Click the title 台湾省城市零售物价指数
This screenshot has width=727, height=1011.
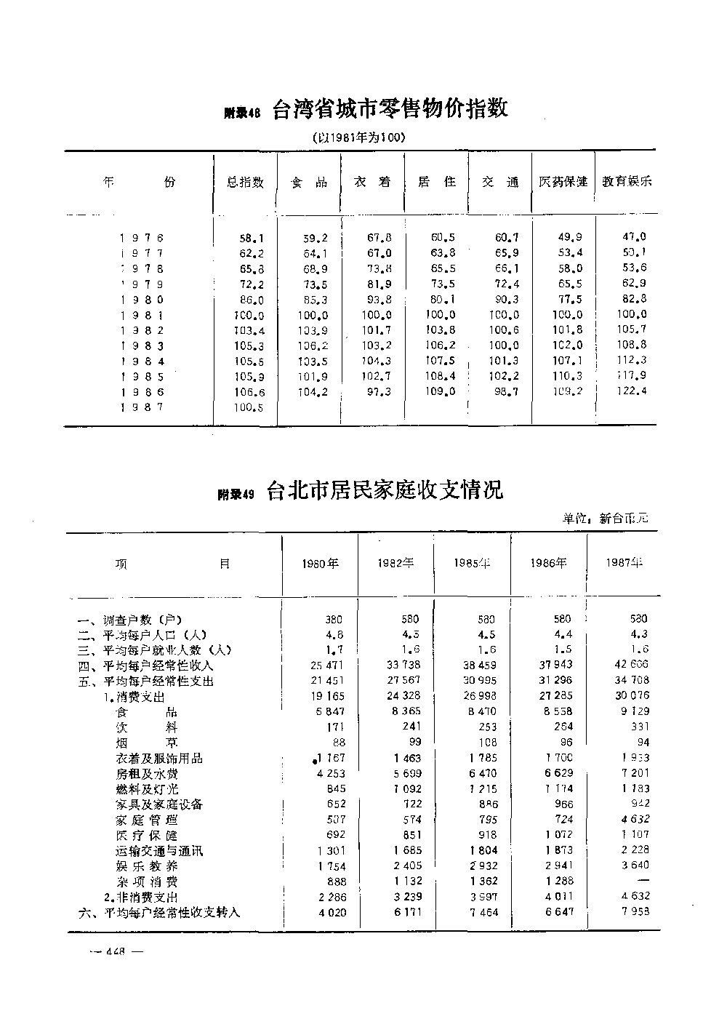pos(390,110)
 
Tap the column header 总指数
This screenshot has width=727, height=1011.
pos(245,183)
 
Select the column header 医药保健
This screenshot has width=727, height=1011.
pos(563,182)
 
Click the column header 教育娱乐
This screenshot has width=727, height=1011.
pos(627,182)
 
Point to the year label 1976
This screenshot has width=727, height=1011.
pos(142,238)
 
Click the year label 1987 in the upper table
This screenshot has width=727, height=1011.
pos(142,407)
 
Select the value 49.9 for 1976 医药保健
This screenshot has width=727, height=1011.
pos(569,238)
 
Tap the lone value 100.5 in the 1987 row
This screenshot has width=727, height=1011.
pos(249,407)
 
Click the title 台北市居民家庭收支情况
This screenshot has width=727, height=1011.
pos(385,491)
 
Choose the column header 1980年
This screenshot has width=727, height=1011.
pos(320,564)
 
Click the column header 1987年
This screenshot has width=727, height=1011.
pos(624,563)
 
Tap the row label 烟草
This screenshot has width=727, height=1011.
pos(145,743)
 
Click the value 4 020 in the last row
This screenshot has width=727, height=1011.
pos(329,913)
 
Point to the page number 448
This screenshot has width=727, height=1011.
pos(117,951)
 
